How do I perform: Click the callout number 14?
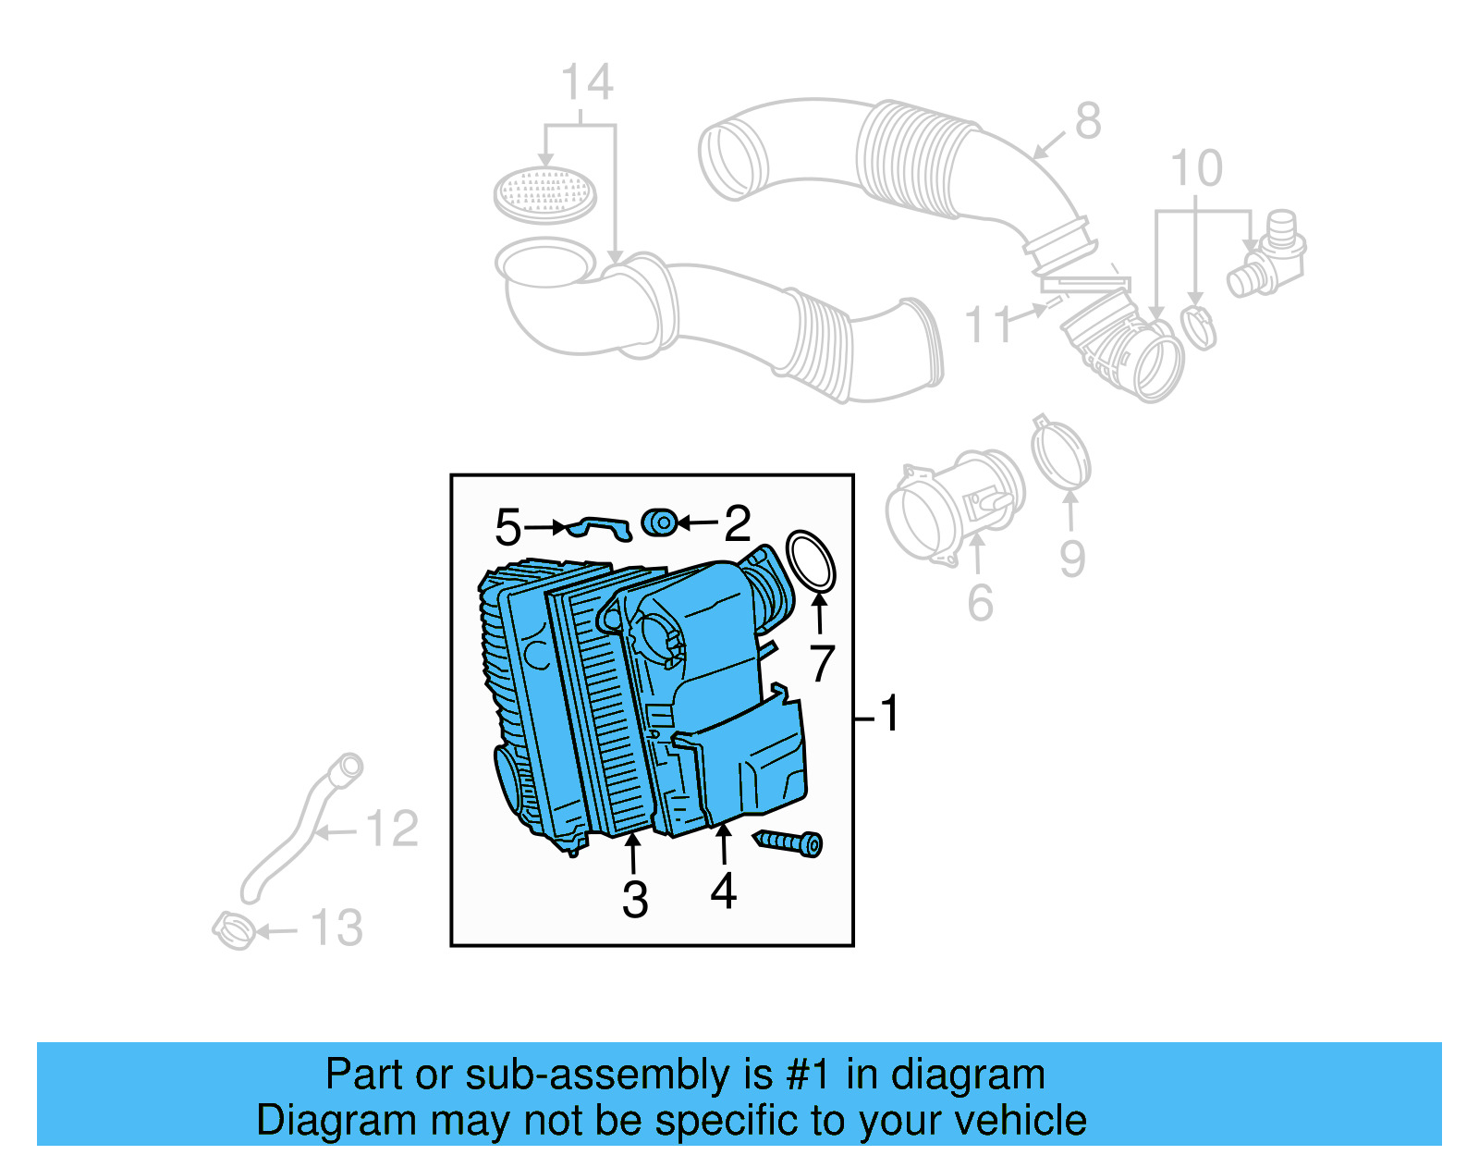pos(587,83)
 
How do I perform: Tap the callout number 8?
pos(1088,121)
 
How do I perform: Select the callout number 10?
pos(1196,169)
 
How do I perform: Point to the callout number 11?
pos(989,326)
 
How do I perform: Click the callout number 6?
pos(980,603)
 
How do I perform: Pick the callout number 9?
pos(1071,559)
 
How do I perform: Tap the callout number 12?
pos(393,829)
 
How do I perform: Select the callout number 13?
pos(336,928)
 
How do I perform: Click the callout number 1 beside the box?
pos(889,714)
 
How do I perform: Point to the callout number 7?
pos(822,663)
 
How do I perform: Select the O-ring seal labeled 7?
pos(811,560)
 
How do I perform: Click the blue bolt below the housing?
pos(788,842)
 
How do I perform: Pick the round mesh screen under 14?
pos(545,193)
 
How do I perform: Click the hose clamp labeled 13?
pos(234,929)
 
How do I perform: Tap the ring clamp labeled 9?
pos(1061,454)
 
